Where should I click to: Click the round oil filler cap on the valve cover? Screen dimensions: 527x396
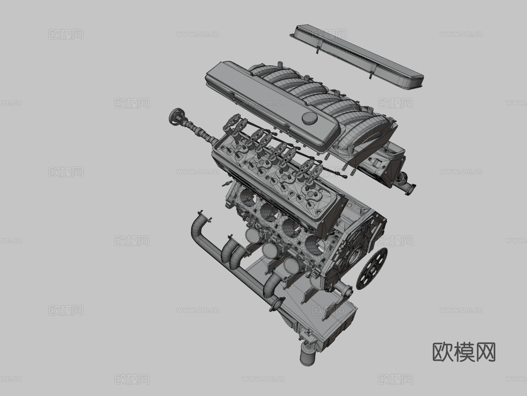[x=310, y=118]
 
